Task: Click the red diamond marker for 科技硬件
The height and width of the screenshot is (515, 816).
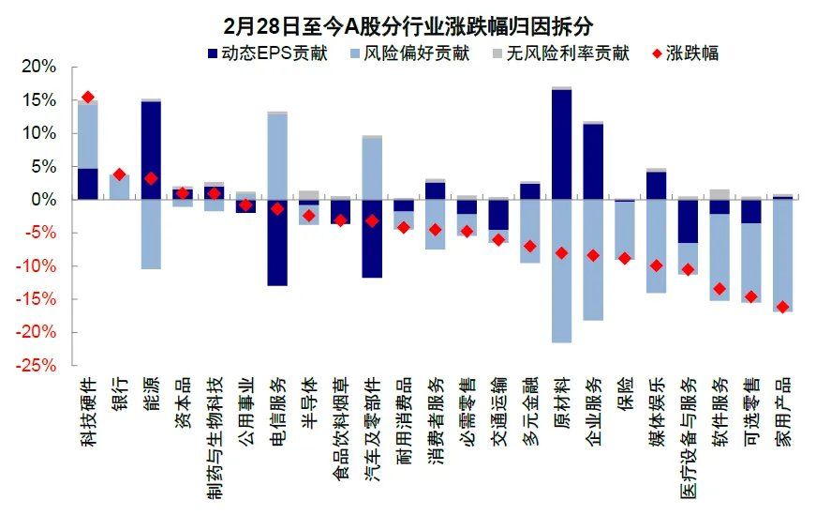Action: pyautogui.click(x=88, y=97)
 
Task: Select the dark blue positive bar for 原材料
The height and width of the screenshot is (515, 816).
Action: pyautogui.click(x=562, y=144)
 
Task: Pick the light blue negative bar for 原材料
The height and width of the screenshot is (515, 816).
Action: pyautogui.click(x=562, y=271)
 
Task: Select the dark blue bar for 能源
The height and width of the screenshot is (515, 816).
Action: pyautogui.click(x=151, y=150)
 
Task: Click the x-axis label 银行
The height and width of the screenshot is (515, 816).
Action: pyautogui.click(x=119, y=394)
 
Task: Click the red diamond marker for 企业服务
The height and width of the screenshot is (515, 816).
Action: pyautogui.click(x=593, y=255)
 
